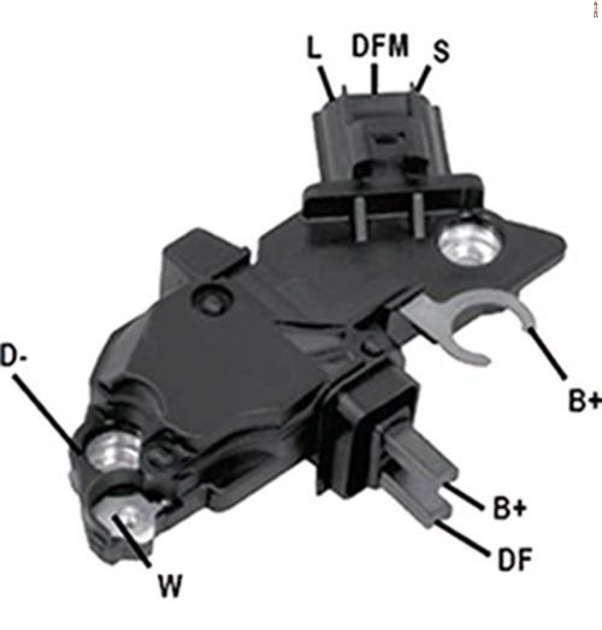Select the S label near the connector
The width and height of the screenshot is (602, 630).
coord(441,52)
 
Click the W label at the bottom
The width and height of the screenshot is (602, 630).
coord(170,585)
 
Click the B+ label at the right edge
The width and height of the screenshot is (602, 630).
coord(585,400)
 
